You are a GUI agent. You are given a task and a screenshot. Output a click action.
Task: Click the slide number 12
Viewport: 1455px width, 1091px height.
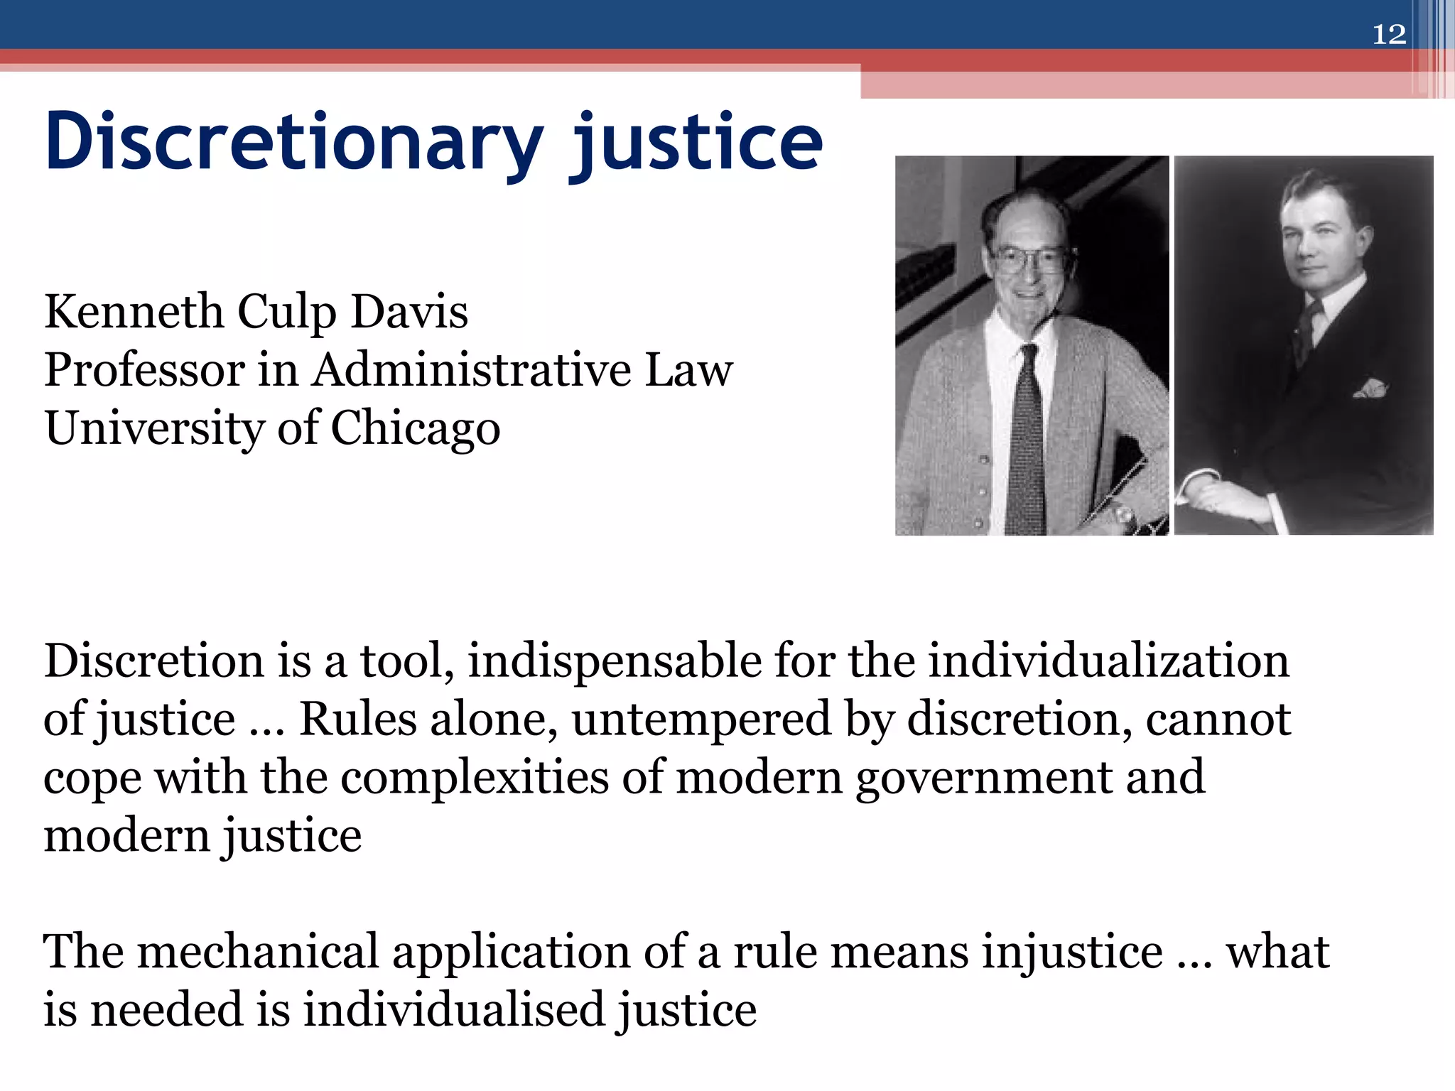(1388, 34)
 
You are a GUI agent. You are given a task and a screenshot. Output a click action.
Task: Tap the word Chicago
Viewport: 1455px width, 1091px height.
(416, 429)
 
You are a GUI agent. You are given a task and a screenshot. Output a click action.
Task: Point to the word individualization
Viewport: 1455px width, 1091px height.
(1108, 661)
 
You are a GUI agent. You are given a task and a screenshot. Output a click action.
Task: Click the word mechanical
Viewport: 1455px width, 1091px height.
(258, 952)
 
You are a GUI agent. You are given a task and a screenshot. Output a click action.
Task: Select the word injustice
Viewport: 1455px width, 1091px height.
(1073, 952)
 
